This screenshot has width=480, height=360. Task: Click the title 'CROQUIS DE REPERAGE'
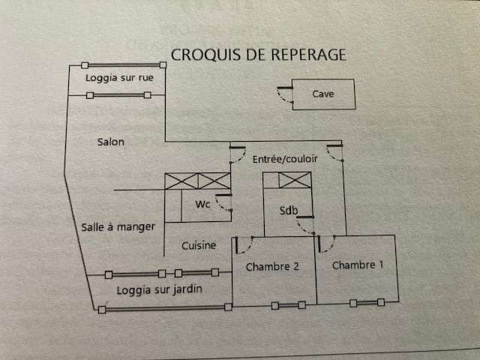click(258, 55)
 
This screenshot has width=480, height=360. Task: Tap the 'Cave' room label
click(323, 94)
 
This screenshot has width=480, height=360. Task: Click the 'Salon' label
click(111, 142)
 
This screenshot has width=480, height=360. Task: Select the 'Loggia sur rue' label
click(119, 78)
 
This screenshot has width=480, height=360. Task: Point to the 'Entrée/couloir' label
click(285, 159)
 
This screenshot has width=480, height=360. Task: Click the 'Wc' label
click(202, 204)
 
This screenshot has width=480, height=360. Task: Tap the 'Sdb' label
click(288, 210)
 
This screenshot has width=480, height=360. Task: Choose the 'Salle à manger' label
click(118, 227)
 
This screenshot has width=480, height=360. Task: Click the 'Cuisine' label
click(199, 245)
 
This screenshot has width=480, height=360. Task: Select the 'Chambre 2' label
click(272, 267)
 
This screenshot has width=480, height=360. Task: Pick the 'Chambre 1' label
click(358, 265)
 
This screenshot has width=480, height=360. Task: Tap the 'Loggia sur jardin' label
click(160, 289)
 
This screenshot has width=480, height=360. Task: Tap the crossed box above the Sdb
click(295, 180)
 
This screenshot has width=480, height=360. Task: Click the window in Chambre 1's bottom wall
click(367, 303)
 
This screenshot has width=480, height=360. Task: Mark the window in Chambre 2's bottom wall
click(288, 305)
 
